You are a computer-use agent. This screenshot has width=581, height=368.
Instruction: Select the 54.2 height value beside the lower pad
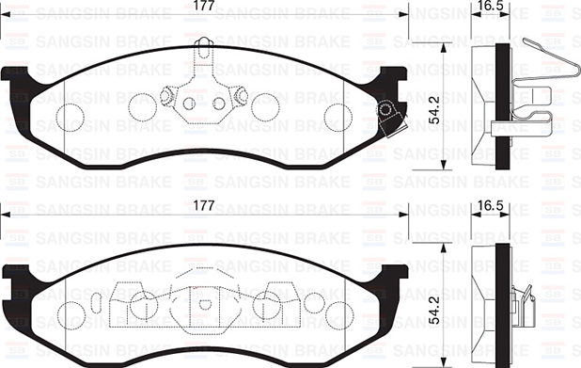pos(433,312)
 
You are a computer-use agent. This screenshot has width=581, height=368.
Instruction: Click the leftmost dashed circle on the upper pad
pos(71,117)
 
